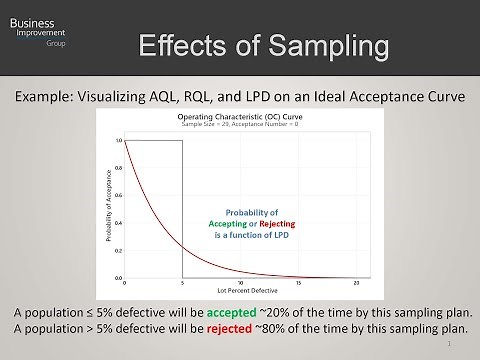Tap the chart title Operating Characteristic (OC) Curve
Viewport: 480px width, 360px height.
coord(240,116)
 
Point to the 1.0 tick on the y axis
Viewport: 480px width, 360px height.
coord(118,141)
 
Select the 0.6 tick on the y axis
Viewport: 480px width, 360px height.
coord(118,196)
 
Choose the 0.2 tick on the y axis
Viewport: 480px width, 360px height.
coord(118,250)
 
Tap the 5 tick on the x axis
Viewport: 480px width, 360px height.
coord(183,284)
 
